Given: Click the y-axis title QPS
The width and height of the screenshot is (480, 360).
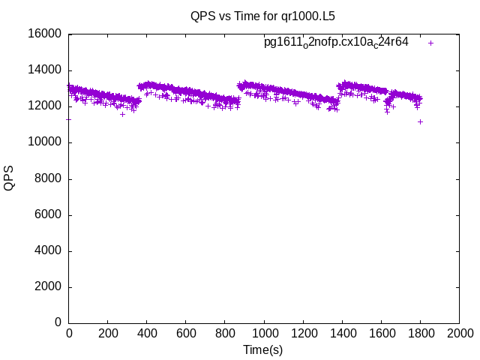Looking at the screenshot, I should coord(9,178).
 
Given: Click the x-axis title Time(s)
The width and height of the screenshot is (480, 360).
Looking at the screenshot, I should coord(262,349).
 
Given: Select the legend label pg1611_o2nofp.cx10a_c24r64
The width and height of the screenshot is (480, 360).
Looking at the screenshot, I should coord(336,43).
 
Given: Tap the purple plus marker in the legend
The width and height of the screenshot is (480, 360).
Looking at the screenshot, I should coord(431,43).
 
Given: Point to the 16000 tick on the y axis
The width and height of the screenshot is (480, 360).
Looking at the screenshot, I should coord(46,34).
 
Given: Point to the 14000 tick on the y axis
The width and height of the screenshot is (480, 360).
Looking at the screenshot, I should coord(46,70).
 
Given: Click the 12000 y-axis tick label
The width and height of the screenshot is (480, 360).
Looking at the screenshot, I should coord(46,106).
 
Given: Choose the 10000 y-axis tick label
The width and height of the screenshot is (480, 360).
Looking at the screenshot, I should coord(46,142).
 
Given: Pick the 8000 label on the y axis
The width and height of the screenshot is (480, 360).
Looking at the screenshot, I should coord(49,179).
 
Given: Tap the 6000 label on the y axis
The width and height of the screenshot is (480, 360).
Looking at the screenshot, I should coord(49,215).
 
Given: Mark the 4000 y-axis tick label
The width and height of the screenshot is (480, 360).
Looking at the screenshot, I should coord(49,251).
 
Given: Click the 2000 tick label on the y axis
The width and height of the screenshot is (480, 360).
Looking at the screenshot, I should coord(49,287).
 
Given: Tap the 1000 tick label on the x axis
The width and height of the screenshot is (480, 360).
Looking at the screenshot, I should coord(264,333).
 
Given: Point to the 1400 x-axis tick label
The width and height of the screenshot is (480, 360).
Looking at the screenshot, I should coord(342,333).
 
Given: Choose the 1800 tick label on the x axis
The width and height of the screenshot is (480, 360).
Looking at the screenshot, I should coord(420,333).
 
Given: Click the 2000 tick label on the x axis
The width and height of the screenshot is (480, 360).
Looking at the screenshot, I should coord(459,333).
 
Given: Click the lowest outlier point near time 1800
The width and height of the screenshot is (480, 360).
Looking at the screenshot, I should coord(421,121).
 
